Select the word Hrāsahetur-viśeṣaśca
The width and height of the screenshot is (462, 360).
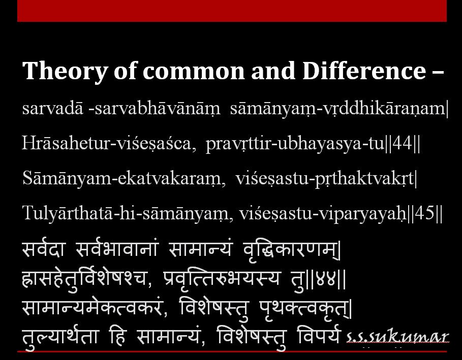(109, 144)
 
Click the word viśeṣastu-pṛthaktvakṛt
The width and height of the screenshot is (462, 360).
(325, 178)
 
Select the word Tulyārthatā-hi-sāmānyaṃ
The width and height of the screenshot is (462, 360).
(125, 213)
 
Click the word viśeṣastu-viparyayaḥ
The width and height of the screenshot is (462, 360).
(321, 213)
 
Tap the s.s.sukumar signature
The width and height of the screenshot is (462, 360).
(397, 337)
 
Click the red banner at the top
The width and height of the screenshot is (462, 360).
(232, 11)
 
